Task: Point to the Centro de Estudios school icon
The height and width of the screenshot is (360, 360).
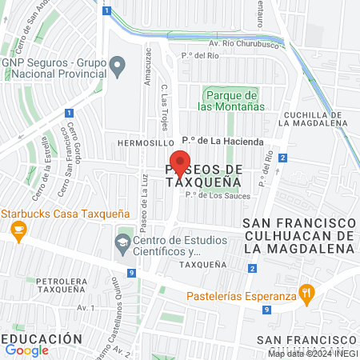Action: [123, 240]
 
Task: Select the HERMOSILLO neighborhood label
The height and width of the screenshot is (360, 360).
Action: [140, 142]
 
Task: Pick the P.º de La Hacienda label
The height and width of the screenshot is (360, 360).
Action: [222, 142]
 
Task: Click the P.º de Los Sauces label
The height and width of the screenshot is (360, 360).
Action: [218, 195]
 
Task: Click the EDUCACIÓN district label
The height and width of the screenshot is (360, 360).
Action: [42, 338]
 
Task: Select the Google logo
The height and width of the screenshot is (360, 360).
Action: [26, 350]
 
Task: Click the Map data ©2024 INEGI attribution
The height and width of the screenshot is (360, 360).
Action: [313, 354]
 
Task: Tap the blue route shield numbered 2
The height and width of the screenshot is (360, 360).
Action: [283, 158]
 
